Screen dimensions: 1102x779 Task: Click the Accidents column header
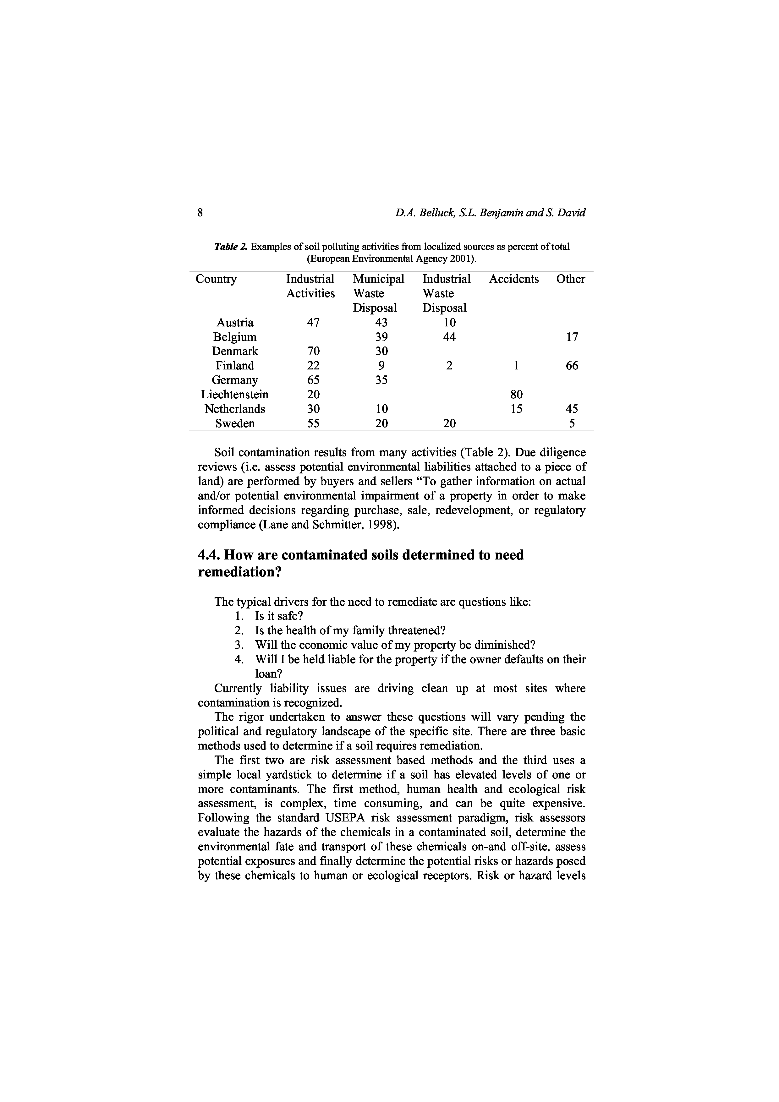(x=513, y=279)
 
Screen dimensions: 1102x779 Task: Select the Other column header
(x=570, y=279)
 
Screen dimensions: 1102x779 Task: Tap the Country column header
(x=216, y=279)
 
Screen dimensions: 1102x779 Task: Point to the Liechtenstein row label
(x=235, y=395)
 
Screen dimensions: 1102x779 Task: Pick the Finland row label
(x=235, y=366)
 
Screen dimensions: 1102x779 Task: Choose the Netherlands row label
(x=235, y=409)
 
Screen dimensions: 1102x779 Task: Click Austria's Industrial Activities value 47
(x=313, y=323)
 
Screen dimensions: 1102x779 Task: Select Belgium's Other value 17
(x=572, y=337)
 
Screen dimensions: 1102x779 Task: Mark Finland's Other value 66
(x=572, y=366)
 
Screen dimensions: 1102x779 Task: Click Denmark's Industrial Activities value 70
(x=313, y=351)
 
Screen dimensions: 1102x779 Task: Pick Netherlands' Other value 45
(x=572, y=409)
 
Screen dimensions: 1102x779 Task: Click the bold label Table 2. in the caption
(x=231, y=247)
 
